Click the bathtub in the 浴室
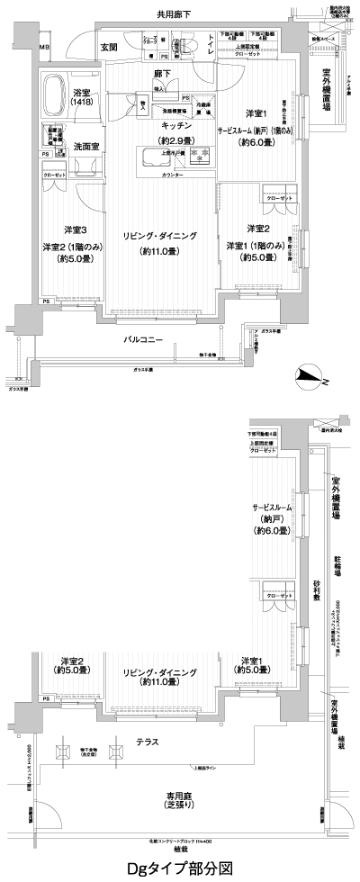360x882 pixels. (x=66, y=91)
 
